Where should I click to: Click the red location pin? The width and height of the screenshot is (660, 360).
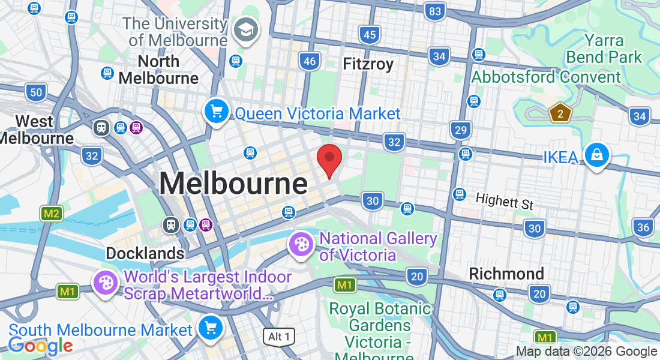click(329, 159)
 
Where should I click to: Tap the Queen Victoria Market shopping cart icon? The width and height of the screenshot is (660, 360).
click(216, 112)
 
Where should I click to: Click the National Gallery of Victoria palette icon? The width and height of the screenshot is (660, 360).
click(301, 244)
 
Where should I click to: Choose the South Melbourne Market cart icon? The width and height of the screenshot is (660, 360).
click(210, 328)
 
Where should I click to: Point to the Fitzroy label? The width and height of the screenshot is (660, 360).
click(368, 64)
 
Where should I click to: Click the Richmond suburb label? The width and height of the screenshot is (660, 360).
click(506, 274)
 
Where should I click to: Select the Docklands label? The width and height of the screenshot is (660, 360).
click(145, 253)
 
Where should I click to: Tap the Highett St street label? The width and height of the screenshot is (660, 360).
click(505, 201)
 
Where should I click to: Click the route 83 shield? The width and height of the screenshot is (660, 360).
click(435, 11)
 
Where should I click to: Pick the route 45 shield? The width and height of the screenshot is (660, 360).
click(370, 35)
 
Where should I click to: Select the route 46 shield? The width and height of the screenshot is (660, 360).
click(310, 61)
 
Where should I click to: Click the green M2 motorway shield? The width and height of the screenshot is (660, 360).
click(52, 213)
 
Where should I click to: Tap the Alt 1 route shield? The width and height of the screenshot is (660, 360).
click(279, 337)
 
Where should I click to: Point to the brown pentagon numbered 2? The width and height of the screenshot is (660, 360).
click(559, 112)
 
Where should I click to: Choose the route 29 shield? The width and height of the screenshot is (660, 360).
click(461, 130)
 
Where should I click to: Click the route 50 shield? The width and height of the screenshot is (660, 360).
click(36, 92)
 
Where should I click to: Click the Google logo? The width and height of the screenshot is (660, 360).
click(40, 346)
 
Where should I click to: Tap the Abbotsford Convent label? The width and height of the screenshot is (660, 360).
click(546, 77)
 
